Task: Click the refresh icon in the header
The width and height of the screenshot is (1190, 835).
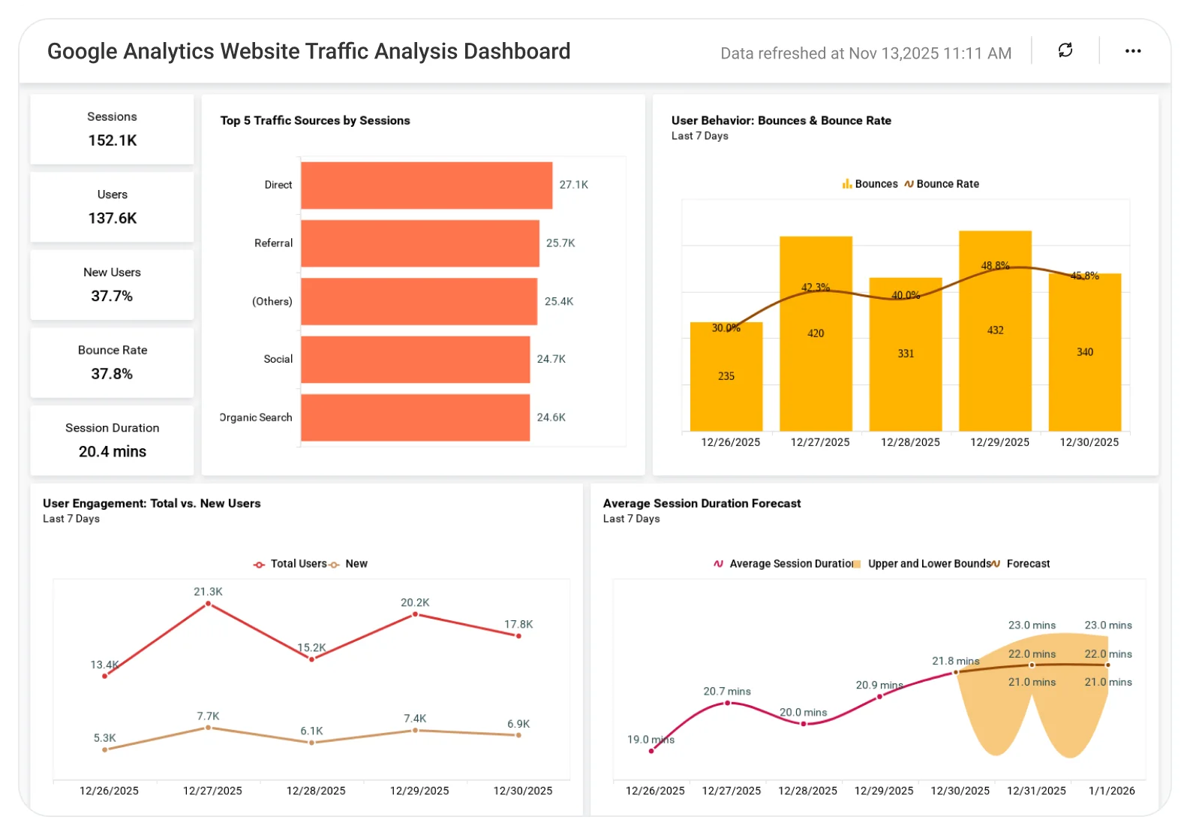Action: click(x=1065, y=50)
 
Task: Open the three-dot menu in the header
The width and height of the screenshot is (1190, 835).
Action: click(x=1133, y=51)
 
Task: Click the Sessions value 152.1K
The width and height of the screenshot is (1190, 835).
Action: click(x=113, y=140)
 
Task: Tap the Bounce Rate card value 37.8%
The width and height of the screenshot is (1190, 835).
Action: click(x=112, y=374)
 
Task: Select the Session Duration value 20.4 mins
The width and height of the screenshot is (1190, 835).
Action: click(x=113, y=451)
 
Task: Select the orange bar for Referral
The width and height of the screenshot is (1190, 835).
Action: click(x=419, y=243)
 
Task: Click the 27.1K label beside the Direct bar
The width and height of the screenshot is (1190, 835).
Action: click(x=573, y=185)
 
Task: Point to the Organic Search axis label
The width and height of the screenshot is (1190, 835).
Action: click(x=257, y=417)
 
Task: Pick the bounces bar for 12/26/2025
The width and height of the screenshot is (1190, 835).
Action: click(x=726, y=390)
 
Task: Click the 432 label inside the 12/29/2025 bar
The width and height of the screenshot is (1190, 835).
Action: click(x=995, y=330)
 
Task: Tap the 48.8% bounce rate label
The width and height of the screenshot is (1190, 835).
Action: click(x=995, y=266)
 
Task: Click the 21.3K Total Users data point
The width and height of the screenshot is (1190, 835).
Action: click(x=208, y=604)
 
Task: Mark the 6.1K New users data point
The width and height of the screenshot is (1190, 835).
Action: click(x=311, y=743)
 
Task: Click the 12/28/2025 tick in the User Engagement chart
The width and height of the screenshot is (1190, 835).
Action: click(x=316, y=791)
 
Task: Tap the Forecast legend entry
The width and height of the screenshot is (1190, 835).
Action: click(x=1027, y=564)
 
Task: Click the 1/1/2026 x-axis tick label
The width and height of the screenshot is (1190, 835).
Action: click(x=1112, y=791)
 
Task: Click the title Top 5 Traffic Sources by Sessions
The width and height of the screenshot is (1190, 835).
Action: click(x=315, y=121)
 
